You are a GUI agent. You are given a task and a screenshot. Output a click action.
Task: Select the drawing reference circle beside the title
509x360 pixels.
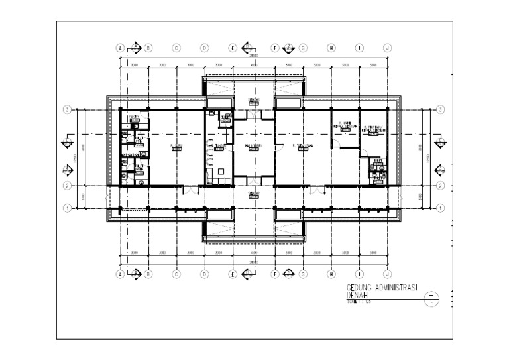(x=432, y=297)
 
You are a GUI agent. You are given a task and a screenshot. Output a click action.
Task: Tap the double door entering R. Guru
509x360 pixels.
(x=190, y=191)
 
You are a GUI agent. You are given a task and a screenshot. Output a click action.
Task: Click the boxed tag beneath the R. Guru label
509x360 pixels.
(x=176, y=150)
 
